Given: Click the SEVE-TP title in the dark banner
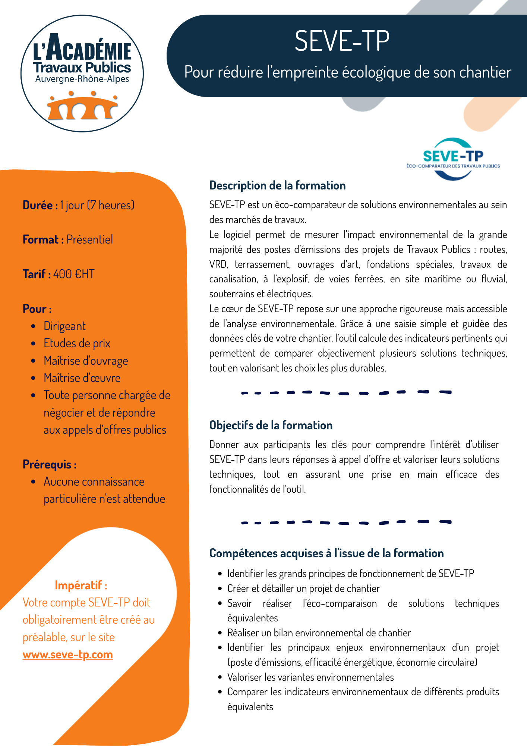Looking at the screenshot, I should pos(342,41).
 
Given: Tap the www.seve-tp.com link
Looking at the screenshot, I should pos(67,655).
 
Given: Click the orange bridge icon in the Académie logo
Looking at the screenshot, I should pos(82,107).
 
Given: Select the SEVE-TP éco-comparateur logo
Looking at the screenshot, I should pos(453,159).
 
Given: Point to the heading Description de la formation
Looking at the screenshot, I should pos(277,185).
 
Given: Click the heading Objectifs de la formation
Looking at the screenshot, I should pos(271,425).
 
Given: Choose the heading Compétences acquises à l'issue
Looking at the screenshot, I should pos(326,553).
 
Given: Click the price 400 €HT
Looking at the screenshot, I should pos(73,274).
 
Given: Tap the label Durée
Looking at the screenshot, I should pos(38,205).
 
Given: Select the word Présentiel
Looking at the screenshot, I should pos(89,239).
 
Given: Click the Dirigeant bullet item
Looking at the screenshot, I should pos(64,326).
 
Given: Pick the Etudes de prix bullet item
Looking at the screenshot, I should pos(77,343).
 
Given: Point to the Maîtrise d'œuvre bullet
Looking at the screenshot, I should pos(82,378).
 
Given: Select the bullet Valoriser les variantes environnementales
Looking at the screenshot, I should pos(310,677).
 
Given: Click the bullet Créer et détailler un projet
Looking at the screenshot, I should pos(303,588).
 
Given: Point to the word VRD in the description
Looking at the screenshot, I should pos(218,264).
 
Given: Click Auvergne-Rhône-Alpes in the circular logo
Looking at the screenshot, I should pos(82,79).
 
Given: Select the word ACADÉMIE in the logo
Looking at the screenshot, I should pos(89,49).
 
